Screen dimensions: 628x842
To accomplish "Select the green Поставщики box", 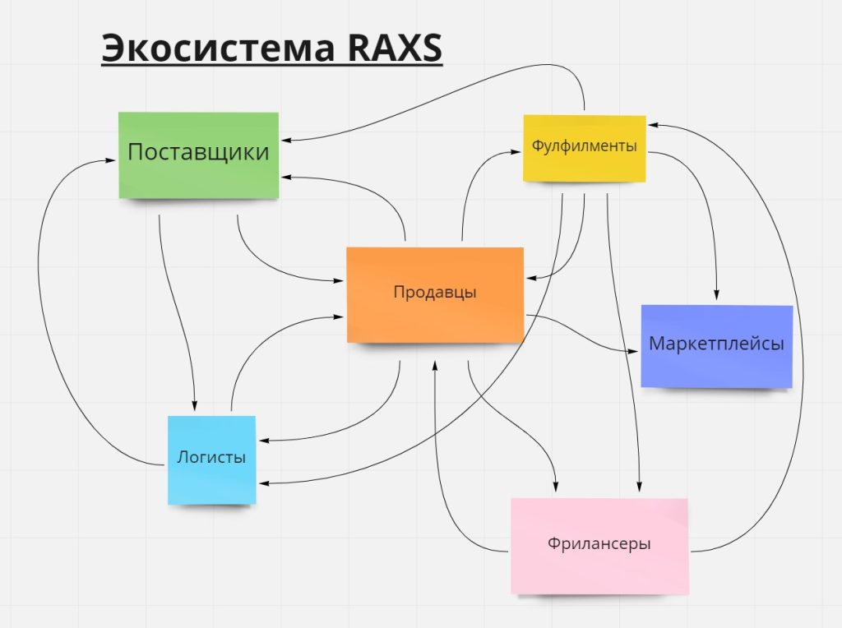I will pyautogui.click(x=198, y=155).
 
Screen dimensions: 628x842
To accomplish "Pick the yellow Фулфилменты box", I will pyautogui.click(x=584, y=148).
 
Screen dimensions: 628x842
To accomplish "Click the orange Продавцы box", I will pyautogui.click(x=435, y=293).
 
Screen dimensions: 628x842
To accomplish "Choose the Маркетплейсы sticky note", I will pyautogui.click(x=716, y=345).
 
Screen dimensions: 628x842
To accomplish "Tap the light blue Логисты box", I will pyautogui.click(x=211, y=459).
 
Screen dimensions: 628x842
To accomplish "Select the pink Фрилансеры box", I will pyautogui.click(x=599, y=545).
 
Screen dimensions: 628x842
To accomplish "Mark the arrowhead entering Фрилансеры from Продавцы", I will pyautogui.click(x=557, y=487).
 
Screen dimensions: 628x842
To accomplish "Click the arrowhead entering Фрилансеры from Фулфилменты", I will pyautogui.click(x=638, y=487).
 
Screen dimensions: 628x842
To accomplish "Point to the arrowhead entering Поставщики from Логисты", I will pyautogui.click(x=109, y=160).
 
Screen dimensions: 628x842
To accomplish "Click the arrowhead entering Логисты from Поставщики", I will pyautogui.click(x=195, y=404).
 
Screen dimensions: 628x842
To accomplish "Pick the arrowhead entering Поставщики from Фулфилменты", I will pyautogui.click(x=285, y=140).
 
